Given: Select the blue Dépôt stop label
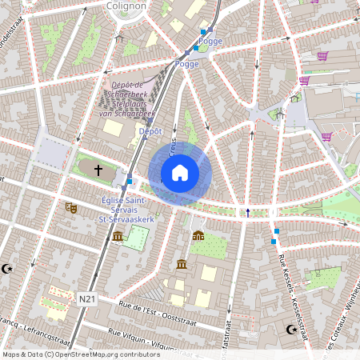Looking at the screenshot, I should (x=150, y=130).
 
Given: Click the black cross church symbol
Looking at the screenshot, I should (x=99, y=170).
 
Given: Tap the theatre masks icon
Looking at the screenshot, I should (x=70, y=207).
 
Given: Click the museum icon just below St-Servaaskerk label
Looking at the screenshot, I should (x=118, y=236).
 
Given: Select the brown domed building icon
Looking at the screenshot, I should (x=198, y=235).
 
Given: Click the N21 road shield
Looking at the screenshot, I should (x=88, y=299).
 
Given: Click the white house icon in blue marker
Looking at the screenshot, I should (x=180, y=173).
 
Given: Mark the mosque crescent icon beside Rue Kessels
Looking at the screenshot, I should (x=291, y=329).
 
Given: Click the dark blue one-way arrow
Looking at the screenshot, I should (x=248, y=212).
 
